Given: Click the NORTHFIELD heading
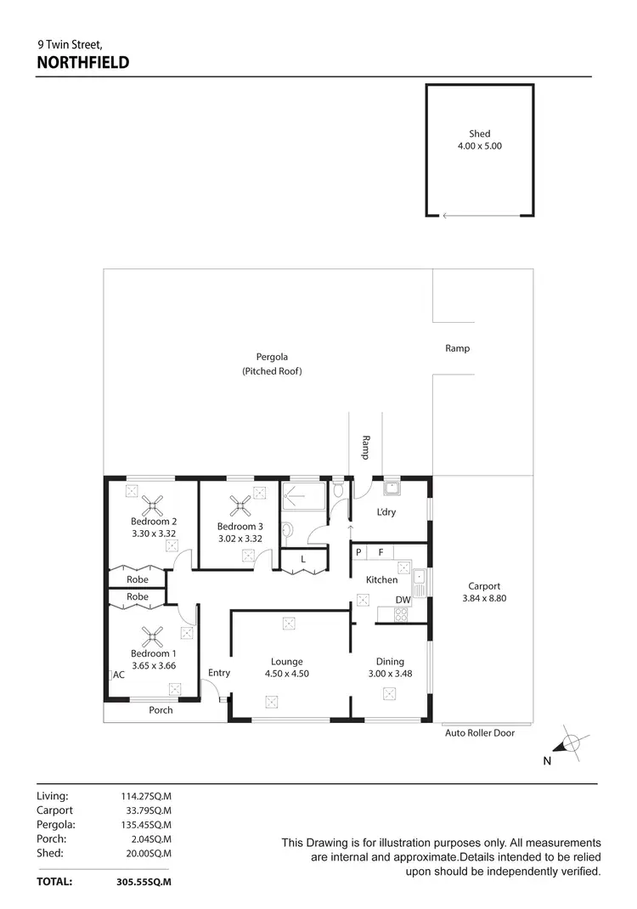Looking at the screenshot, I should pyautogui.click(x=82, y=62).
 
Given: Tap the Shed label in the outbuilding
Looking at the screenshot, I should pyautogui.click(x=480, y=133).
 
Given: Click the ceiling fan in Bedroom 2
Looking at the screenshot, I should pyautogui.click(x=154, y=506).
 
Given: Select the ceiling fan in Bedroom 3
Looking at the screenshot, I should pyautogui.click(x=242, y=506).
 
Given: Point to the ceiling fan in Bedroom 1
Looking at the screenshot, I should pyautogui.click(x=153, y=636).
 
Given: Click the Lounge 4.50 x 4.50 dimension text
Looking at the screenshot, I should pyautogui.click(x=287, y=674).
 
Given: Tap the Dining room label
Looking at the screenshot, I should pyautogui.click(x=391, y=662).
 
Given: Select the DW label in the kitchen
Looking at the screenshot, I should pyautogui.click(x=403, y=600).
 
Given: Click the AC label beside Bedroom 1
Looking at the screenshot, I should pyautogui.click(x=119, y=675).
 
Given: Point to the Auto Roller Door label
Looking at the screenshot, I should pyautogui.click(x=480, y=732).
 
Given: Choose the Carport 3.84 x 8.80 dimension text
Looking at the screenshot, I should pyautogui.click(x=484, y=598).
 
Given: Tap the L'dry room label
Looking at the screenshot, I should pyautogui.click(x=386, y=512).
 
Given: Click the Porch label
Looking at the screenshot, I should pyautogui.click(x=161, y=710).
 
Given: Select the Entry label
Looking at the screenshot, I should pyautogui.click(x=219, y=673).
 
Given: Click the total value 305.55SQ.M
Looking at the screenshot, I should pyautogui.click(x=144, y=882).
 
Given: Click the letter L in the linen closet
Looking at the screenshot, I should pyautogui.click(x=303, y=560).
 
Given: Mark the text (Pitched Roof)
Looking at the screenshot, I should pyautogui.click(x=272, y=371).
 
